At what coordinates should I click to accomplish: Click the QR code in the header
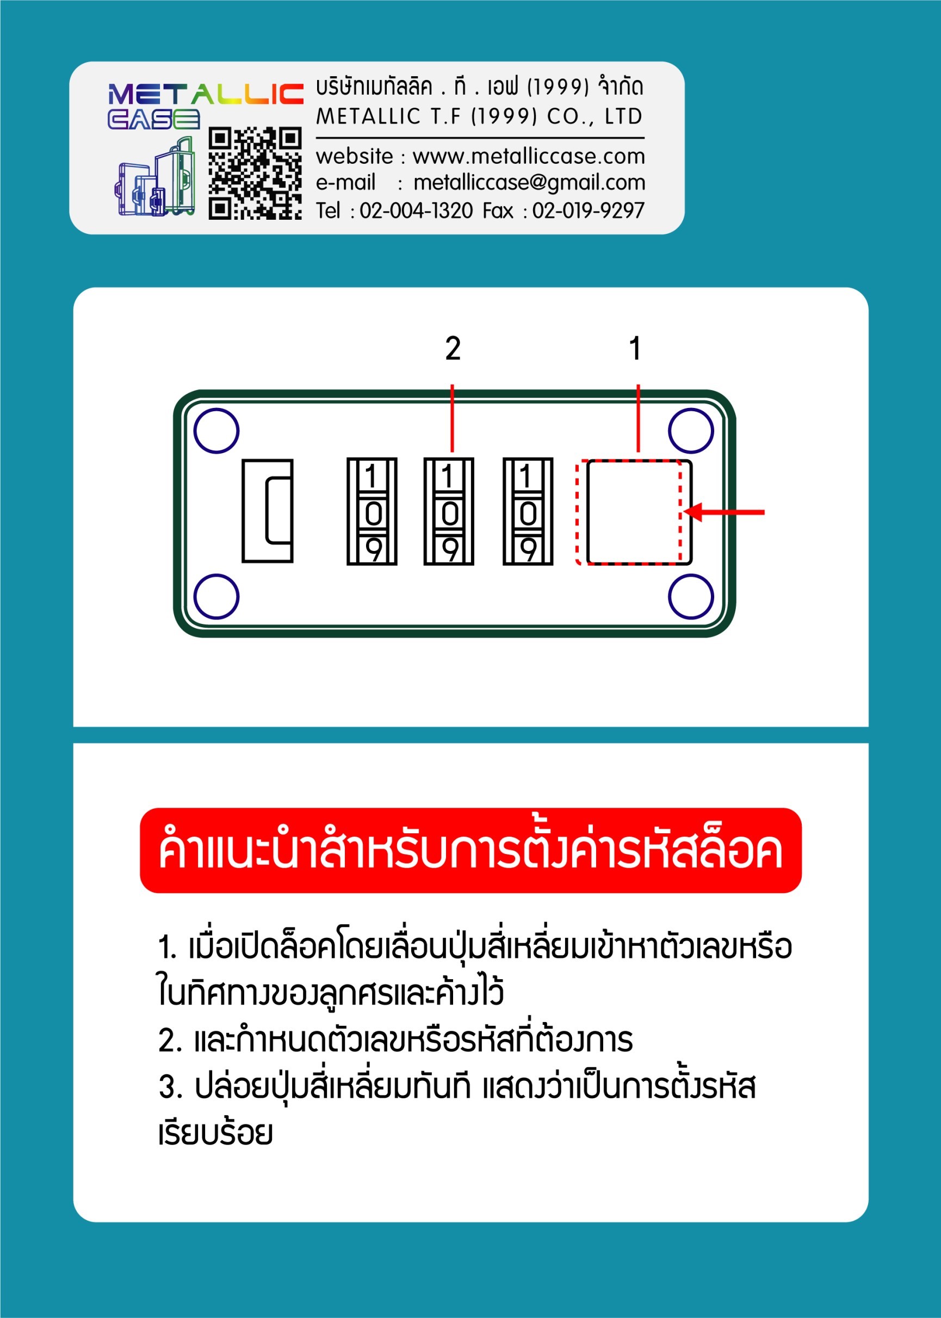pos(255,173)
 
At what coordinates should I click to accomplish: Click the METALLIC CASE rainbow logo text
pos(206,106)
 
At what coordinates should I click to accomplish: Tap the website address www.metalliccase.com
pos(529,157)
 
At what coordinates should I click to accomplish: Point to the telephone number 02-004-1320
pos(416,211)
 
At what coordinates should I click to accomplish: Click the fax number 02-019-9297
pos(588,211)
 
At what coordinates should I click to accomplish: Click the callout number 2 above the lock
pos(453,348)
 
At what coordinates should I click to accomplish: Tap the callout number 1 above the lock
pos(636,348)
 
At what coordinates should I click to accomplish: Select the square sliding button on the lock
pos(639,512)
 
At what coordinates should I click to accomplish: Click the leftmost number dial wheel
pos(372,511)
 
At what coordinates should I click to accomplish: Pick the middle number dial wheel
pos(449,511)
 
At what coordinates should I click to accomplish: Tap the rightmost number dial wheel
pos(528,511)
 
